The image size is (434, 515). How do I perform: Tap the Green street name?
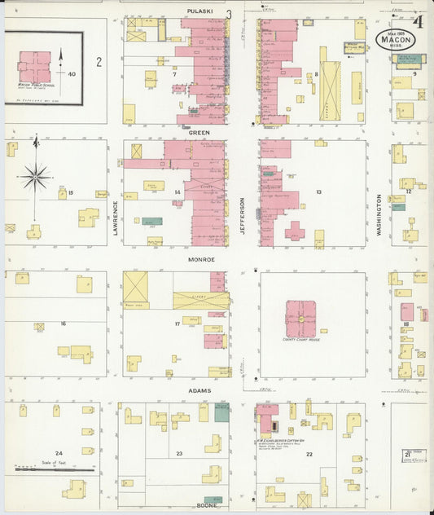pos(199,131)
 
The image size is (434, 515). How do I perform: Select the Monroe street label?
pos(203,259)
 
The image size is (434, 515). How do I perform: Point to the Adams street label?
pos(199,390)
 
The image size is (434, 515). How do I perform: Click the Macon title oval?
pos(395,38)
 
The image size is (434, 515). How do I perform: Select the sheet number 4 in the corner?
pos(418,21)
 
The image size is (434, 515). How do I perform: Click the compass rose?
pos(36,174)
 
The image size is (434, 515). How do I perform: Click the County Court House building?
pos(300,319)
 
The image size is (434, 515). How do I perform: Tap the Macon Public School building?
pos(35,67)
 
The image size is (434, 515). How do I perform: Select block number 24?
pos(58,453)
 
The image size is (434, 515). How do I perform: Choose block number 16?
pos(63,324)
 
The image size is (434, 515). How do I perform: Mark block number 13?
pos(319,192)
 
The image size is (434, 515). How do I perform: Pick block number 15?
pos(71,192)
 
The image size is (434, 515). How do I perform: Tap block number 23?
pos(179,452)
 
